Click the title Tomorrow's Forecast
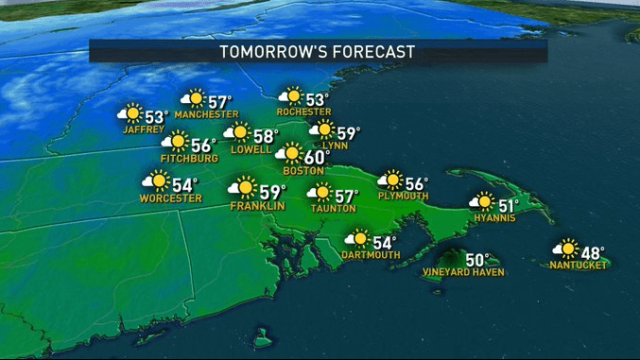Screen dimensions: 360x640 tap(318, 51)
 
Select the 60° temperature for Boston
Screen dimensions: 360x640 tap(317, 155)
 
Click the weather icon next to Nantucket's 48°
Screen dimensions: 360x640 tap(565, 249)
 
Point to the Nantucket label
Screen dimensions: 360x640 tap(578, 266)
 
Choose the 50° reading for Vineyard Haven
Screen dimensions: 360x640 tap(477, 259)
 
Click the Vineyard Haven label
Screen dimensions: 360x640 tap(464, 273)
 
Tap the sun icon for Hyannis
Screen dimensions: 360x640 tap(483, 201)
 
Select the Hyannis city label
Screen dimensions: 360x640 tap(494, 218)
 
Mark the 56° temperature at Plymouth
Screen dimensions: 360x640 tap(416, 183)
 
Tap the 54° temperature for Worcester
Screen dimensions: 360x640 tap(184, 183)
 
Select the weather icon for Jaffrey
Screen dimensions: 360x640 tap(130, 115)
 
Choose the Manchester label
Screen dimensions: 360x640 tap(207, 114)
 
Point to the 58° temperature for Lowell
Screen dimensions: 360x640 tap(266, 137)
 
